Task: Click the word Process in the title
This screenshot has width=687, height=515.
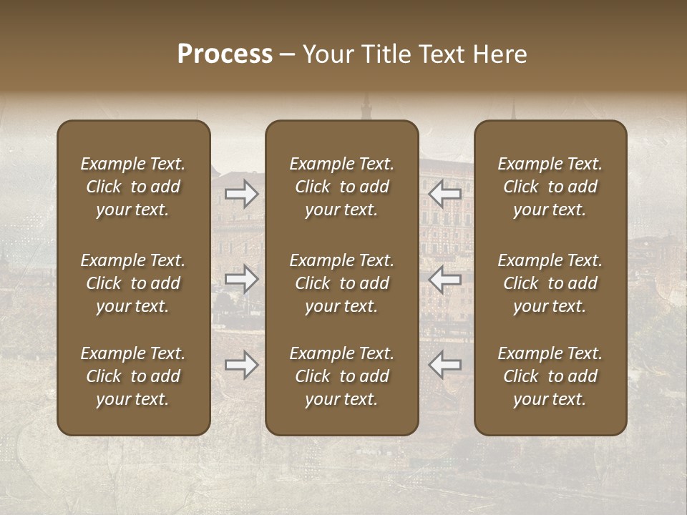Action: [x=225, y=54]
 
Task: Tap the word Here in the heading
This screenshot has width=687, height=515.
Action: [x=499, y=54]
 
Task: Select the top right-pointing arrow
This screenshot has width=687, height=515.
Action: [x=242, y=194]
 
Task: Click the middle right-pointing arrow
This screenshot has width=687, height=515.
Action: [x=242, y=279]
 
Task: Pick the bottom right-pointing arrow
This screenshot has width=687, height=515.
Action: [x=242, y=365]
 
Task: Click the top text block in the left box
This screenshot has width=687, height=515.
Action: [x=133, y=187]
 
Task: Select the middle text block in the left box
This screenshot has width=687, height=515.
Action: [x=133, y=283]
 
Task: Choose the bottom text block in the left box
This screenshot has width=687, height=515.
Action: [x=133, y=376]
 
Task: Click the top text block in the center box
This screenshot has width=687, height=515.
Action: [x=342, y=187]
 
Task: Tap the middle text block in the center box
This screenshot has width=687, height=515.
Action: [x=342, y=283]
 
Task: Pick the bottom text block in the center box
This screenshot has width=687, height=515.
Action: [x=342, y=376]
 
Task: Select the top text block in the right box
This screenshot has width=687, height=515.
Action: [x=550, y=187]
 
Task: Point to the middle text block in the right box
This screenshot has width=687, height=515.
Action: [x=550, y=283]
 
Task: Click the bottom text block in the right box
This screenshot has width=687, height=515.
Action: [x=550, y=376]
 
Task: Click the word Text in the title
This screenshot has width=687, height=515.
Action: [x=442, y=54]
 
